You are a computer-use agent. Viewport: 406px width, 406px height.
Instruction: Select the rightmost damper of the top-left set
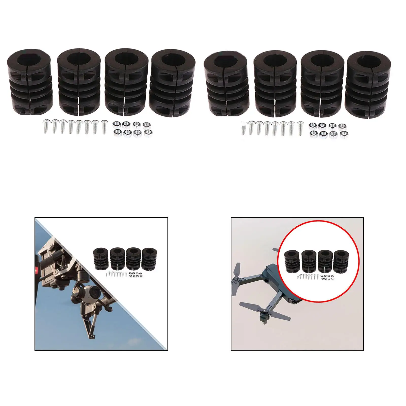[x=173, y=82]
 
